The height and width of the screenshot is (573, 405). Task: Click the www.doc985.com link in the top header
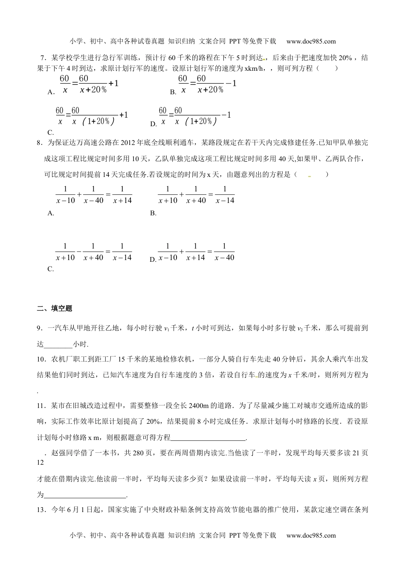click(x=311, y=41)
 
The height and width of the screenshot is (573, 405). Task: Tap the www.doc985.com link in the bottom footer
click(x=311, y=535)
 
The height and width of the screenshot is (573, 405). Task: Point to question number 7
click(x=42, y=58)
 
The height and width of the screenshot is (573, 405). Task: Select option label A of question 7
click(x=50, y=92)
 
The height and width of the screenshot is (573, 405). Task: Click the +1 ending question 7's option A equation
click(x=113, y=84)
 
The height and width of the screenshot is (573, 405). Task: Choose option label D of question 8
click(x=153, y=259)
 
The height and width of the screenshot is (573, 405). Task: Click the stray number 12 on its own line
click(x=40, y=462)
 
